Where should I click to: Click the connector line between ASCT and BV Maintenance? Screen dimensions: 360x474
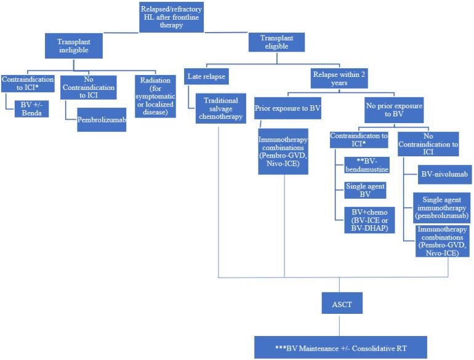339,324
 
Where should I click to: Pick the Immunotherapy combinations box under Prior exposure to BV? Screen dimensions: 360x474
283,151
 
